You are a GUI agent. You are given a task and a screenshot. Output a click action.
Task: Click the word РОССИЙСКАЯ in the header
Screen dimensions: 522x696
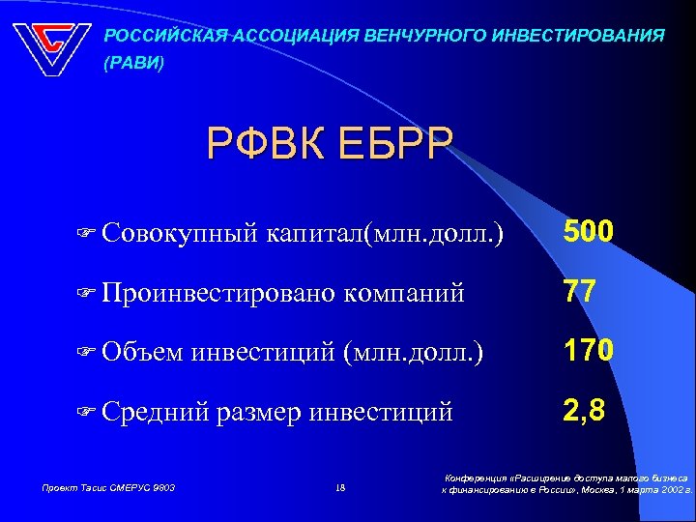point(164,36)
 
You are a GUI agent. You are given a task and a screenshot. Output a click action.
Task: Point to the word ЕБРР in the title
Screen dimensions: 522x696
point(394,146)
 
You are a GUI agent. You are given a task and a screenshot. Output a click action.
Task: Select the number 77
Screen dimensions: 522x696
point(579,291)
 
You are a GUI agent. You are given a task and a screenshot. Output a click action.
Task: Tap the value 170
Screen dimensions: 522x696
point(589,349)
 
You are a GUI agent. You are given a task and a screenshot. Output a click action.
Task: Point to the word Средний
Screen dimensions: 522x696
point(154,413)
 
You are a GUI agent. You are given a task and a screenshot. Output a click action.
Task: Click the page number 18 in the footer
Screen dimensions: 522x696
point(339,488)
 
